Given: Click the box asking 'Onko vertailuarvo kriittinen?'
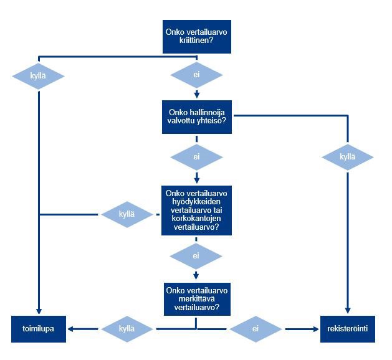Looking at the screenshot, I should pyautogui.click(x=196, y=37).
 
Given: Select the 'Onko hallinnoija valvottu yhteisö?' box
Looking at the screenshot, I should pyautogui.click(x=196, y=117).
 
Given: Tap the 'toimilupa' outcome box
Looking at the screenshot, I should pyautogui.click(x=39, y=329).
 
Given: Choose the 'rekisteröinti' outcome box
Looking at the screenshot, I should pyautogui.click(x=348, y=329).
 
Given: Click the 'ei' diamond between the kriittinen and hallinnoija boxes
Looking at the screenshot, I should pyautogui.click(x=196, y=76).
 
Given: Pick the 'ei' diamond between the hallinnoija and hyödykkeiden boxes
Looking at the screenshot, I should pyautogui.click(x=196, y=157).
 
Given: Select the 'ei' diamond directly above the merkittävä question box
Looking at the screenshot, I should pyautogui.click(x=196, y=255).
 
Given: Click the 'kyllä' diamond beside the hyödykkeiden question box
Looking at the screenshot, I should pyautogui.click(x=127, y=214).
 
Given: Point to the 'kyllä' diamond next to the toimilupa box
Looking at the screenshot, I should pyautogui.click(x=127, y=328).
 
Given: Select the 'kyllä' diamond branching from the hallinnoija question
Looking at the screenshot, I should pyautogui.click(x=348, y=157).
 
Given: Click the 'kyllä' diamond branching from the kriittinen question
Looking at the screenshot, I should pyautogui.click(x=39, y=76).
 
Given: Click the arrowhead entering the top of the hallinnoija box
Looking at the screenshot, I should pyautogui.click(x=196, y=96).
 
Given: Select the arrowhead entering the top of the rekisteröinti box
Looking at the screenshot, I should pyautogui.click(x=348, y=311).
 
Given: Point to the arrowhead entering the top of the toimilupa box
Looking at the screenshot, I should pyautogui.click(x=39, y=311).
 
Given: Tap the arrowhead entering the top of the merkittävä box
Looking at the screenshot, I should pyautogui.click(x=196, y=276).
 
